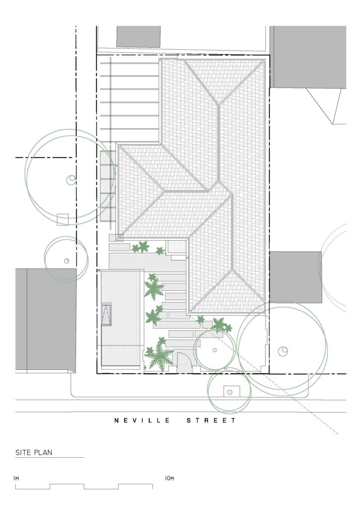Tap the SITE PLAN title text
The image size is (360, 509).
click(34, 452)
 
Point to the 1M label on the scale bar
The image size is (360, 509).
click(16, 478)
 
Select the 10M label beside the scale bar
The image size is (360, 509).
click(169, 478)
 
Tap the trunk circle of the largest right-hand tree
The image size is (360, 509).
click(283, 351)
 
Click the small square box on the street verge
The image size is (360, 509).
click(229, 392)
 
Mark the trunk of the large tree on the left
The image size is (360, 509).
click(72, 179)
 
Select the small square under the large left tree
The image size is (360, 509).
click(62, 220)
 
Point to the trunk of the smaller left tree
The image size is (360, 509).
click(66, 260)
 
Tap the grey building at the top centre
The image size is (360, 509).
click(139, 36)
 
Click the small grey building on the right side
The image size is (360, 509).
click(295, 277)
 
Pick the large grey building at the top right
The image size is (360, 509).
click(308, 57)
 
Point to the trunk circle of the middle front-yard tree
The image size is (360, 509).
click(214, 350)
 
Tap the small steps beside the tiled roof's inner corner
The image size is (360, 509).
click(176, 247)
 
